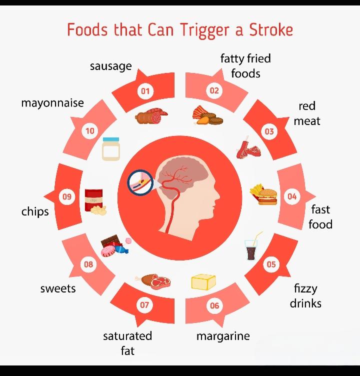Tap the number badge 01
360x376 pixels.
click(145, 91)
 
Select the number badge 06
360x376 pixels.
click(214, 305)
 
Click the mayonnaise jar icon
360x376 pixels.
click(111, 149)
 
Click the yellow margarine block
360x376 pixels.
click(203, 281)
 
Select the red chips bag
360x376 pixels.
click(93, 198)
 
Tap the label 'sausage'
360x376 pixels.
click(111, 66)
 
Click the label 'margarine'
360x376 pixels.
click(223, 336)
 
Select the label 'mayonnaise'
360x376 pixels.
click(52, 102)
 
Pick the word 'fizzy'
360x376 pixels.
click(305, 288)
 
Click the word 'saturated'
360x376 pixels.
click(127, 336)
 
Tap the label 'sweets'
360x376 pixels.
click(58, 288)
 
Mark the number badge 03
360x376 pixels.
click(269, 131)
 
